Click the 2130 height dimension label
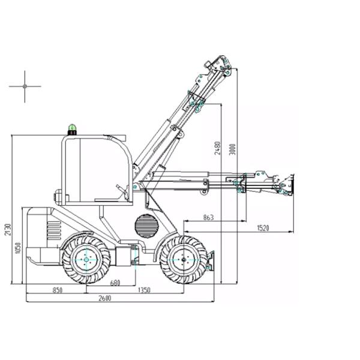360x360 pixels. pos(8,229)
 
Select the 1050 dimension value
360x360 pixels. pos(18,248)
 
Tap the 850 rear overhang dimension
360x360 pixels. pos(58,290)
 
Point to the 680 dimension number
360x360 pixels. pos(115,283)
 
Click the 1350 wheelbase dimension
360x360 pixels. pos(144,290)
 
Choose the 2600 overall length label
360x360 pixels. pos(104,298)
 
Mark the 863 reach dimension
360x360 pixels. pos(208,217)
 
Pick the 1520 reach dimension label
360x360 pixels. pos(263,228)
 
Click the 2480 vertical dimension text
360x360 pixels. pos(217,148)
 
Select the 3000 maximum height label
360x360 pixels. pos(232,149)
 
